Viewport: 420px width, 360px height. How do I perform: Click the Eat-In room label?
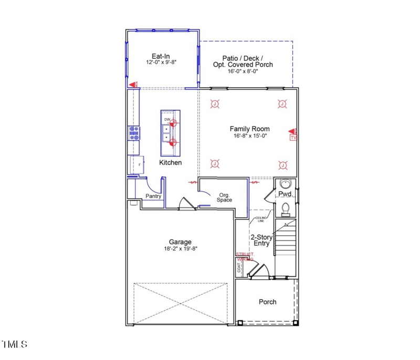(x=161, y=55)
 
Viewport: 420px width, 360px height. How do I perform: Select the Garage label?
(x=180, y=242)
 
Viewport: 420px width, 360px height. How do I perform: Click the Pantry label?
(x=153, y=196)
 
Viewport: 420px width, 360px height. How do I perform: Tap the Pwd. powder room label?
(x=285, y=194)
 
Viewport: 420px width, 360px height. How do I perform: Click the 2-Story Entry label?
(x=260, y=240)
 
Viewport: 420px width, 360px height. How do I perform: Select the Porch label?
(x=267, y=302)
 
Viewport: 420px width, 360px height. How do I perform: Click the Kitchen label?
(x=171, y=163)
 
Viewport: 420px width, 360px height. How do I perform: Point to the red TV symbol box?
(x=293, y=137)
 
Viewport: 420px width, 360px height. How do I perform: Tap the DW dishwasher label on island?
(x=167, y=120)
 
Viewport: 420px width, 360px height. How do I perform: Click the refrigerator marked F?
(x=138, y=165)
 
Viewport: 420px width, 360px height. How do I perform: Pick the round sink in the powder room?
(x=285, y=184)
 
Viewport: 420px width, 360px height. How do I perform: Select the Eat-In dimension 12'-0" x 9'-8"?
(x=161, y=62)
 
